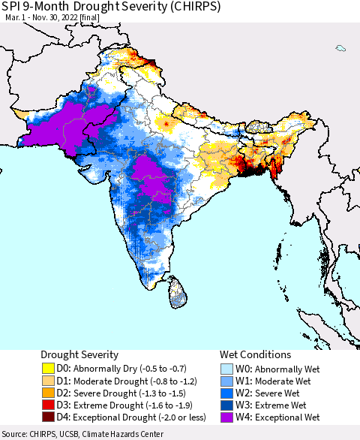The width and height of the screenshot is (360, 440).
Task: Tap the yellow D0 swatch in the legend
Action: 49,368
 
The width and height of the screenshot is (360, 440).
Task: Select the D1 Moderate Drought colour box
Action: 49,380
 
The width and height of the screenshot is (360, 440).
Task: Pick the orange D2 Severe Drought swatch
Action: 49,393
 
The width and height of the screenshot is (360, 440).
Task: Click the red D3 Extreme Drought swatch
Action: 49,405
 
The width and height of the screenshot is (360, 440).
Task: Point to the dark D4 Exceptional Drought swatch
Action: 49,417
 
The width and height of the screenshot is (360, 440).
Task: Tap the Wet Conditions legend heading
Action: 255,354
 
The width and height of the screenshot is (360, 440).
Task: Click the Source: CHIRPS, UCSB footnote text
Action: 82,434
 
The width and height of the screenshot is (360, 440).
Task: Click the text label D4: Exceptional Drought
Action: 112,417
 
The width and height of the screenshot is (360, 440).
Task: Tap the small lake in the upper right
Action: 341,49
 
